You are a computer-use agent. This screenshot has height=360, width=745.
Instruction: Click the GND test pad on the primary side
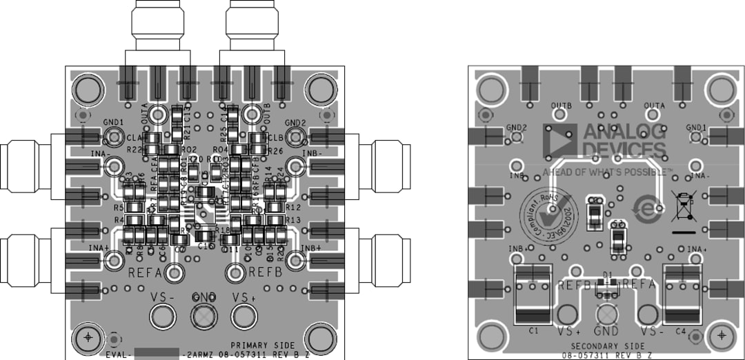203,317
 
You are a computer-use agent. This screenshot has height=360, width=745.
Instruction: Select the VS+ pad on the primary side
244,317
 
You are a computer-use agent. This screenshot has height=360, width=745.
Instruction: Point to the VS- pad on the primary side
163,317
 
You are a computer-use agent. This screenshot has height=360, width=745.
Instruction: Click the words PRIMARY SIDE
262,346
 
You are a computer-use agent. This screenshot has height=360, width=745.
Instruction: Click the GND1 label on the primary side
113,122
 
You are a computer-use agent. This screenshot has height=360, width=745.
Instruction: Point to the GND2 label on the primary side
295,123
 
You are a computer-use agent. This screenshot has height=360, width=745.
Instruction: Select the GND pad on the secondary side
606,314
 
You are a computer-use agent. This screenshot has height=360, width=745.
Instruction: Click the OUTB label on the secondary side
562,106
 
